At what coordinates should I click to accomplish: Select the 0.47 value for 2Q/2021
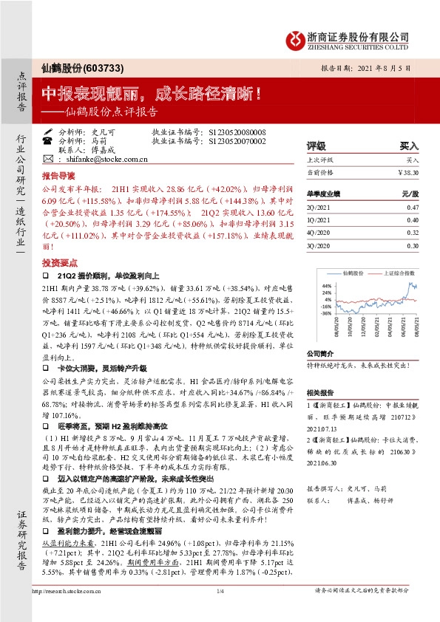coord(413,208)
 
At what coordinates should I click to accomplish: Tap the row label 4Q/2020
coord(319,233)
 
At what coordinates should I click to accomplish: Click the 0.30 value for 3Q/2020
coord(413,245)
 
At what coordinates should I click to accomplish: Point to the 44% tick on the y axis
coord(325,284)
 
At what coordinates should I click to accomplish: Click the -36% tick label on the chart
coord(325,313)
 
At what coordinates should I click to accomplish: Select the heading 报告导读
coord(58,177)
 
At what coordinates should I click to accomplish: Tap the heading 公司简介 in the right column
coord(321,353)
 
